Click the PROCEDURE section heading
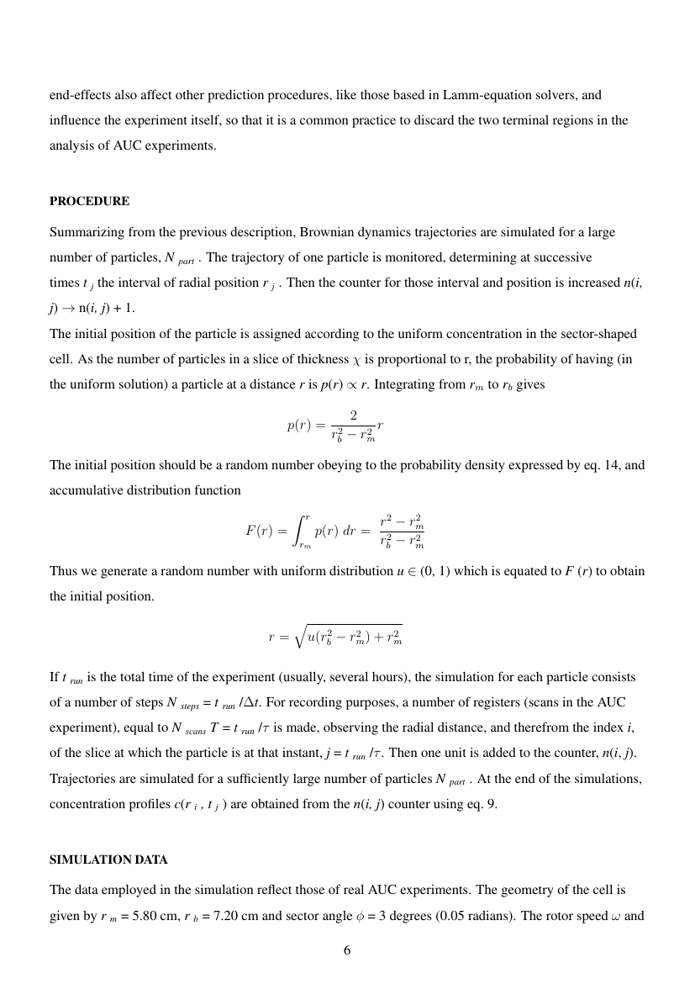coord(89,202)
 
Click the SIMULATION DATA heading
coord(108,860)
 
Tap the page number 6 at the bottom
coord(347,950)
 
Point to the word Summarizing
coord(84,230)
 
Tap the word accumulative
coord(84,489)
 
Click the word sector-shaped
coord(600,333)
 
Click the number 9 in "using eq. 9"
coord(493,804)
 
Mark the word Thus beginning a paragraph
coord(62,571)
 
